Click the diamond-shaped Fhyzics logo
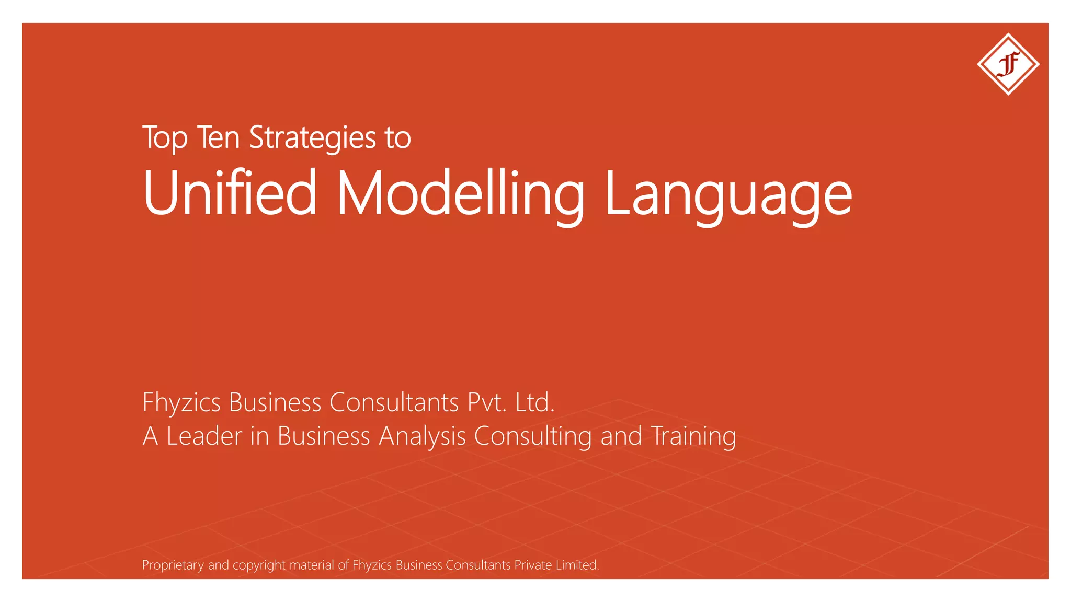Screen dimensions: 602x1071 1008,64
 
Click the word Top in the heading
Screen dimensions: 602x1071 165,138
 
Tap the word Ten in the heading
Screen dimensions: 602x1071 218,137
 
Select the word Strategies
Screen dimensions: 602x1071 313,138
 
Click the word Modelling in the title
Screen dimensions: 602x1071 460,193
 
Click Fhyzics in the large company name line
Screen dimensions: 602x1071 181,403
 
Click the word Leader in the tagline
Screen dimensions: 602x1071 204,436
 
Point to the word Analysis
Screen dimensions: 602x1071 422,436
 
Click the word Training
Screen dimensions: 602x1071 693,436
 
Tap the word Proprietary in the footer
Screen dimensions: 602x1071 173,565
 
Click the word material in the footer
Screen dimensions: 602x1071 312,565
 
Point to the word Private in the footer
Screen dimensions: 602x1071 533,565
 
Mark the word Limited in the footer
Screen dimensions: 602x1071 577,565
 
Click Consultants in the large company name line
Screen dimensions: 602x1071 394,402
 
